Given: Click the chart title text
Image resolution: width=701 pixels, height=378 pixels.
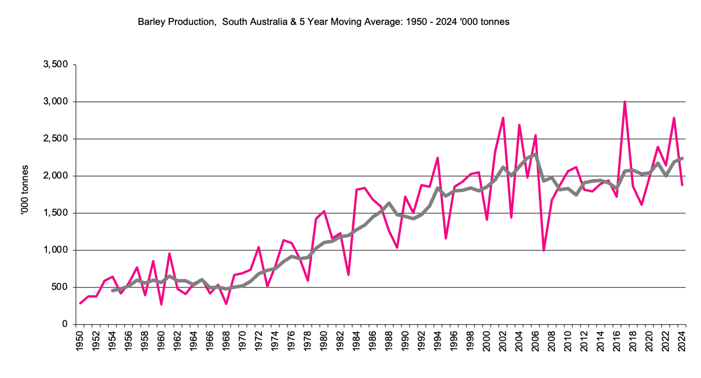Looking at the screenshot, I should coord(323,22).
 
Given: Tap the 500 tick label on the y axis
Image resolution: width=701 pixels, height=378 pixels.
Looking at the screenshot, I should coord(60,288).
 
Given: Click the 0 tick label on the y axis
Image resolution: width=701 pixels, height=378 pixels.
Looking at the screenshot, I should coord(65,325).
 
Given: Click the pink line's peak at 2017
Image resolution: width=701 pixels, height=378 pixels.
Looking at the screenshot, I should coord(625,101).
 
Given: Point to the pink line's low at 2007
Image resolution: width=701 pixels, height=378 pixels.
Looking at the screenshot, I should coord(544,250).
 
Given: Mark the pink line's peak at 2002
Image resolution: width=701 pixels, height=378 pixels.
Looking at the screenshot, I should coord(503,118).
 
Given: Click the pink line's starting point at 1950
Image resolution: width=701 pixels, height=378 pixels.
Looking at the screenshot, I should coord(80,303).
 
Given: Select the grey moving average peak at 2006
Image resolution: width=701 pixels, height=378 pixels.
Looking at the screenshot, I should coord(536,154).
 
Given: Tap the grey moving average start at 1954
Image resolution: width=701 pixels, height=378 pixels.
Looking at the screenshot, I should coord(112,290).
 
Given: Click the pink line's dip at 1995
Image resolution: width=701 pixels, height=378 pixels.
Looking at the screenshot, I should coord(446,238).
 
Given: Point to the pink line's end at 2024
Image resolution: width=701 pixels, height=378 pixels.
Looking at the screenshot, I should coord(682,185).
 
